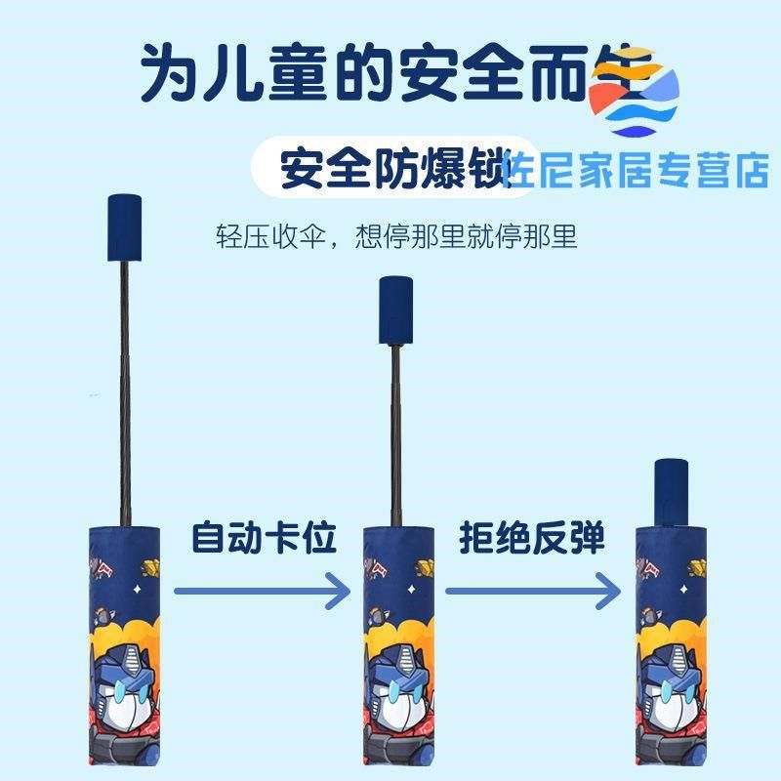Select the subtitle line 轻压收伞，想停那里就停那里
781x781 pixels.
click(x=396, y=237)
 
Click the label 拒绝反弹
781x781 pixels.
click(x=532, y=538)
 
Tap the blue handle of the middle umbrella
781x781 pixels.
click(x=395, y=309)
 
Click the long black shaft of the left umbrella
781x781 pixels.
click(x=124, y=390)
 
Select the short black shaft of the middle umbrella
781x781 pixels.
click(x=395, y=434)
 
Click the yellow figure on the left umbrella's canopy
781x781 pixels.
click(x=149, y=565)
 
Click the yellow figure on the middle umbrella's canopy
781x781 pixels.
click(x=422, y=565)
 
